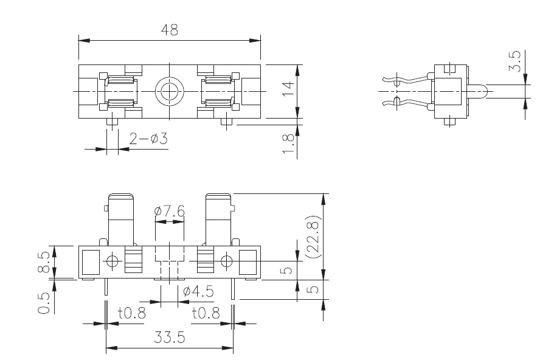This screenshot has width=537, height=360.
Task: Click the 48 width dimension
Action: (170, 30)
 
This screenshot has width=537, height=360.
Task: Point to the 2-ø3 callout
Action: (148, 140)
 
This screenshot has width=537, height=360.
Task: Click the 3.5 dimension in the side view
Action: (514, 62)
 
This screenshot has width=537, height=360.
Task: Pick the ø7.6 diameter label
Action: (170, 212)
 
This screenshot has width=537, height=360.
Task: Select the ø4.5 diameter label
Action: (198, 291)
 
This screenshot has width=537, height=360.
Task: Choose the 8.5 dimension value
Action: (44, 261)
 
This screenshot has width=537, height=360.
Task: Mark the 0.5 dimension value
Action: (44, 302)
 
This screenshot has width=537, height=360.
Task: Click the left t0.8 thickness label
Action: (133, 314)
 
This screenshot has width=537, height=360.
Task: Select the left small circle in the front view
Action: (112, 262)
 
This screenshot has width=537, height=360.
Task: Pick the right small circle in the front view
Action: (226, 262)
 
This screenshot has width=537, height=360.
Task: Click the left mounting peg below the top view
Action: (111, 122)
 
